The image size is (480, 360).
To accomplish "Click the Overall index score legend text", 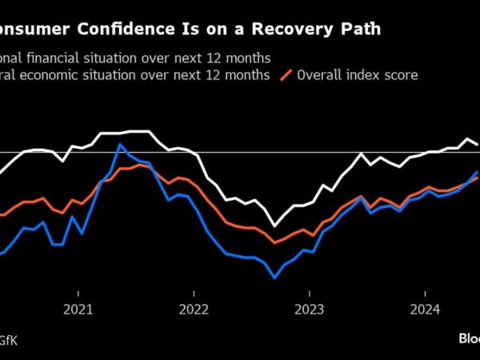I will click(358, 75).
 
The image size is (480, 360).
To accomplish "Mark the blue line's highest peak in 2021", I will click(119, 145).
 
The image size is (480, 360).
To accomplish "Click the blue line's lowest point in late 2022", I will click(274, 278).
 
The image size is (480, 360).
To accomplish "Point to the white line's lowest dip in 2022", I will click(274, 226).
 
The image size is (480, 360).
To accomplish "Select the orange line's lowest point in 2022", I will click(274, 242).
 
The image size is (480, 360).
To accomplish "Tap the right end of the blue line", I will click(478, 172).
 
